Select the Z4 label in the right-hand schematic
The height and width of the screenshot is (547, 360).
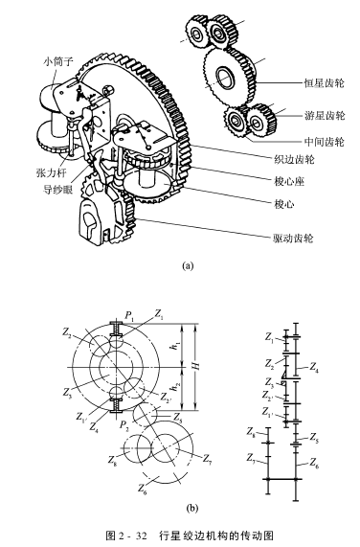[315, 367]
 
